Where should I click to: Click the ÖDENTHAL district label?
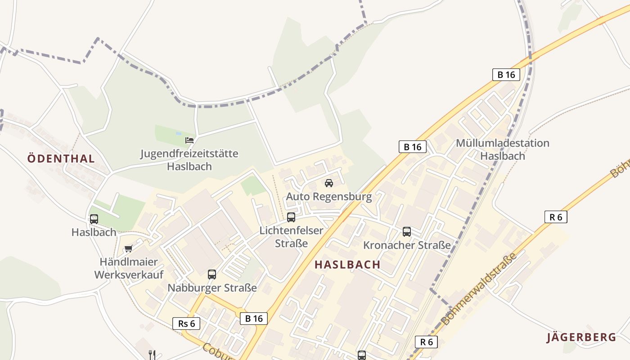[x=61, y=158]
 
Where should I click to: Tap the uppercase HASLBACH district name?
[x=347, y=265]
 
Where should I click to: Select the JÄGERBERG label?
[x=581, y=337]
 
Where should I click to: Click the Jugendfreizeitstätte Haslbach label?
[x=189, y=160]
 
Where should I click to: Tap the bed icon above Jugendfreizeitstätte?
[x=189, y=140]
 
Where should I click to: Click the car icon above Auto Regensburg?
[x=329, y=183]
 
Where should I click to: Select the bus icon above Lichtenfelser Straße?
[x=291, y=217]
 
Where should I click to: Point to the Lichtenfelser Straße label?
[x=291, y=237]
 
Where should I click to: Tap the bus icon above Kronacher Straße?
[x=407, y=232]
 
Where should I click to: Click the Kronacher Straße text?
[x=407, y=245]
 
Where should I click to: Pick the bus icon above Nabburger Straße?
[x=212, y=274]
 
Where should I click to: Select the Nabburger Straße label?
[x=212, y=288]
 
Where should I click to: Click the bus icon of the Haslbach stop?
[x=94, y=219]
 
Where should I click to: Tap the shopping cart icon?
[x=129, y=248]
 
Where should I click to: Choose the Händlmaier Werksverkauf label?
[x=129, y=268]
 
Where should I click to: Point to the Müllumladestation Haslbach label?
[x=502, y=149]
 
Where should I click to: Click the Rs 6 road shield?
[x=186, y=323]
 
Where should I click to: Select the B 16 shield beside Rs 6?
[x=254, y=319]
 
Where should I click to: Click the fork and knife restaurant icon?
[x=152, y=355]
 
